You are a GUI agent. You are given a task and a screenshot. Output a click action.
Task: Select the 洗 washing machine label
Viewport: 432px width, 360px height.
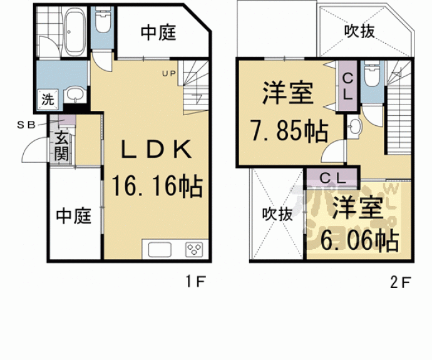pos(48,98)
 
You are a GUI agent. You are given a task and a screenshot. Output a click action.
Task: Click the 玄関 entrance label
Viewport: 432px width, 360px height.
pos(61,147)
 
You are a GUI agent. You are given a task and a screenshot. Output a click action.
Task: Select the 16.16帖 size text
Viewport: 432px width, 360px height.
pos(156,186)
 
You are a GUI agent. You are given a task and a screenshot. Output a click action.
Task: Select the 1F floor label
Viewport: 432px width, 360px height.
pos(195,282)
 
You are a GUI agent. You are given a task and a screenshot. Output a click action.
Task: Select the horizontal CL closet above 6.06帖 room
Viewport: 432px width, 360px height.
pos(332,177)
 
